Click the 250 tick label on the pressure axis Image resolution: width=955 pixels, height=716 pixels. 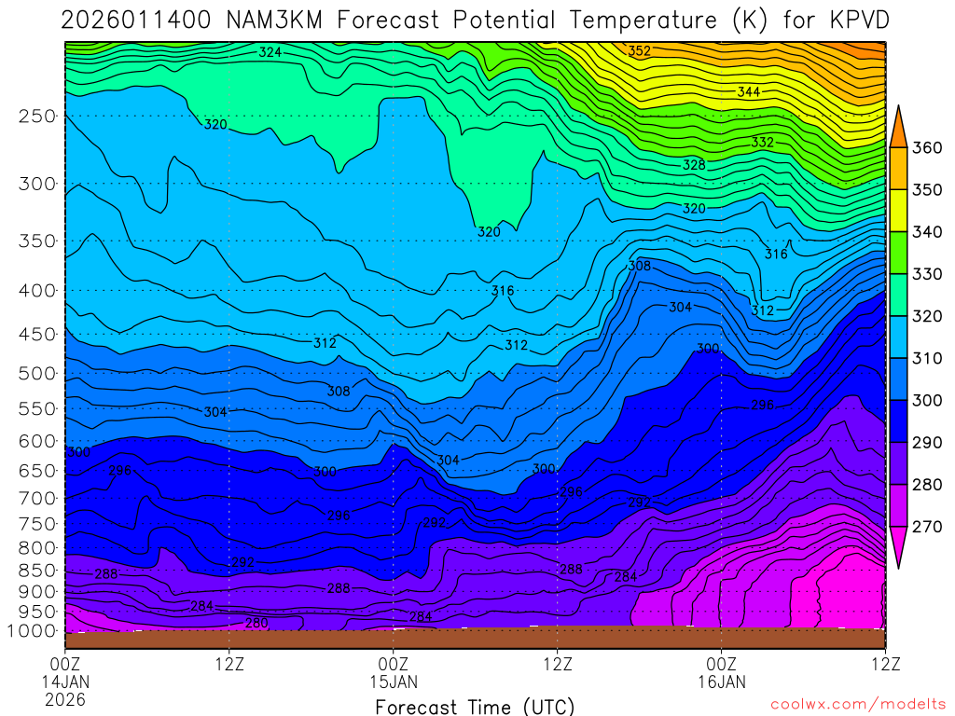coord(36,117)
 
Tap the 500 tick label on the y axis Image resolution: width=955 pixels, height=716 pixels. coord(36,373)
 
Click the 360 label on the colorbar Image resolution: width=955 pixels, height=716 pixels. coord(926,147)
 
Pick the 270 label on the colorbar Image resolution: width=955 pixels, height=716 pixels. coord(926,526)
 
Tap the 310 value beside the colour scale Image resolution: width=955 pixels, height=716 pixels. coord(926,358)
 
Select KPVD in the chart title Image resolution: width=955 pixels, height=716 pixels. coord(857,20)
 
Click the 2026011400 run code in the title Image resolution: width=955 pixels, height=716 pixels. coord(139,20)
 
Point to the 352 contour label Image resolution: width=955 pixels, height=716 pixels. coord(640,51)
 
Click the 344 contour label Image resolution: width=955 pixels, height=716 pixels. coord(748,91)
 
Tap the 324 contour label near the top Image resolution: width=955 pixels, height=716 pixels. coord(270,52)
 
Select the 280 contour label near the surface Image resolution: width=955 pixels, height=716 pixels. coord(256,623)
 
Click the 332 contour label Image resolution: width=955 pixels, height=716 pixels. coord(763,142)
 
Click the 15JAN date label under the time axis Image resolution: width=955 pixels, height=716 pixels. coord(394,682)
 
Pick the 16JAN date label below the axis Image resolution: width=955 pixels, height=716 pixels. coord(722,682)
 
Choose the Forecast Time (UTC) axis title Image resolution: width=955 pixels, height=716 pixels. coord(475,706)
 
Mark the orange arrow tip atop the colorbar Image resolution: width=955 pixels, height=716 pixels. coord(901,109)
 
